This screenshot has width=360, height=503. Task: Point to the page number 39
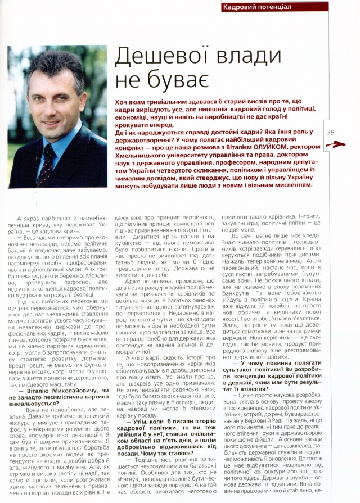coord(330,132)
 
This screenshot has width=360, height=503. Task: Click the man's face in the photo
coord(53,98)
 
